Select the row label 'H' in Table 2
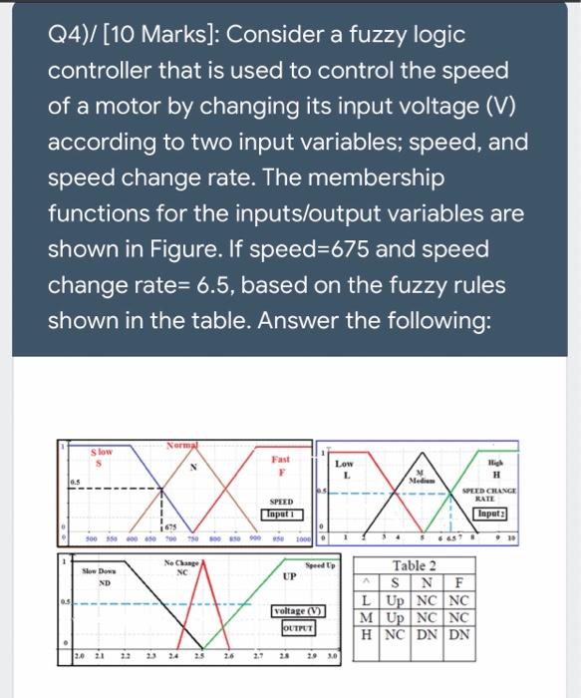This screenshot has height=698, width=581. [369, 634]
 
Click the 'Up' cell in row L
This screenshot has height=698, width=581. [393, 600]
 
